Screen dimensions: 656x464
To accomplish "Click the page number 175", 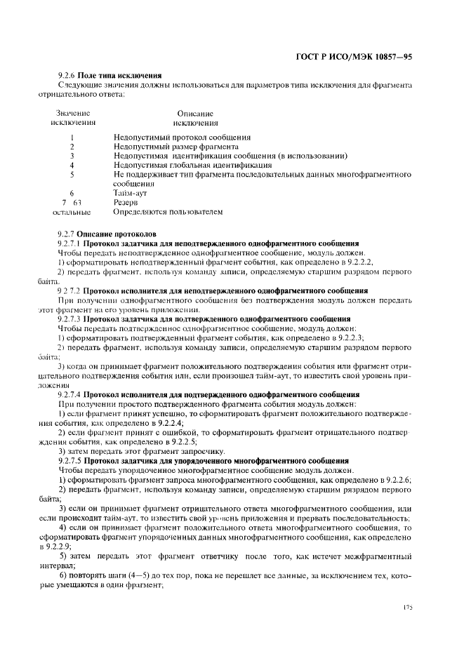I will pos(409,605).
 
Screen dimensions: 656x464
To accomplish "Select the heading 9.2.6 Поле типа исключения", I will pos(110,75).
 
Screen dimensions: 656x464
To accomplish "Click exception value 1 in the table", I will pos(72,138).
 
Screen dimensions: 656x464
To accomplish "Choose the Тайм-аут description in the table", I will pos(130,192).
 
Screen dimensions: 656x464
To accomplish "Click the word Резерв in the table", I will pos(126,201).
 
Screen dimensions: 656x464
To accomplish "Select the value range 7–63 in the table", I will pos(72,201).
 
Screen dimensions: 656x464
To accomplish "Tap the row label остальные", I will pos(72,210).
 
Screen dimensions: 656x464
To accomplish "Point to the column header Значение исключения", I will pos(72,118).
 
